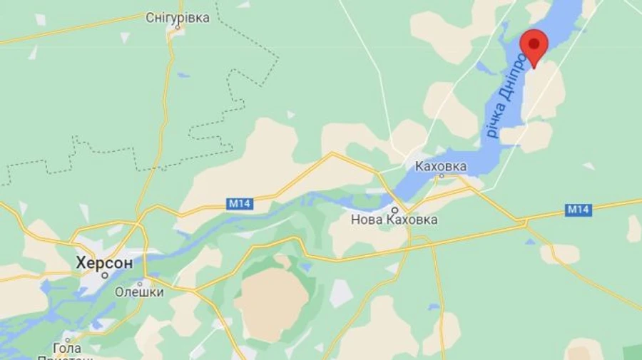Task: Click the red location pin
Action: coord(534,45)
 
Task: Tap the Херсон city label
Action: coord(104,262)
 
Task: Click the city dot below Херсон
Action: coord(104,274)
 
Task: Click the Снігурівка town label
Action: coord(178,18)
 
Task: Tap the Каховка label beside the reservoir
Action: coord(441,167)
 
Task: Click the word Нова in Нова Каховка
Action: coord(367,220)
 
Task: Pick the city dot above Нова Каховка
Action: coord(394,210)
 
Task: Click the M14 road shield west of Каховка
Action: coord(240,204)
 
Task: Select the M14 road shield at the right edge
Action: coord(579,210)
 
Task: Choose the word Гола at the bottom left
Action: coord(66,348)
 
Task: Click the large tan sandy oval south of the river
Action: coord(270,303)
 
